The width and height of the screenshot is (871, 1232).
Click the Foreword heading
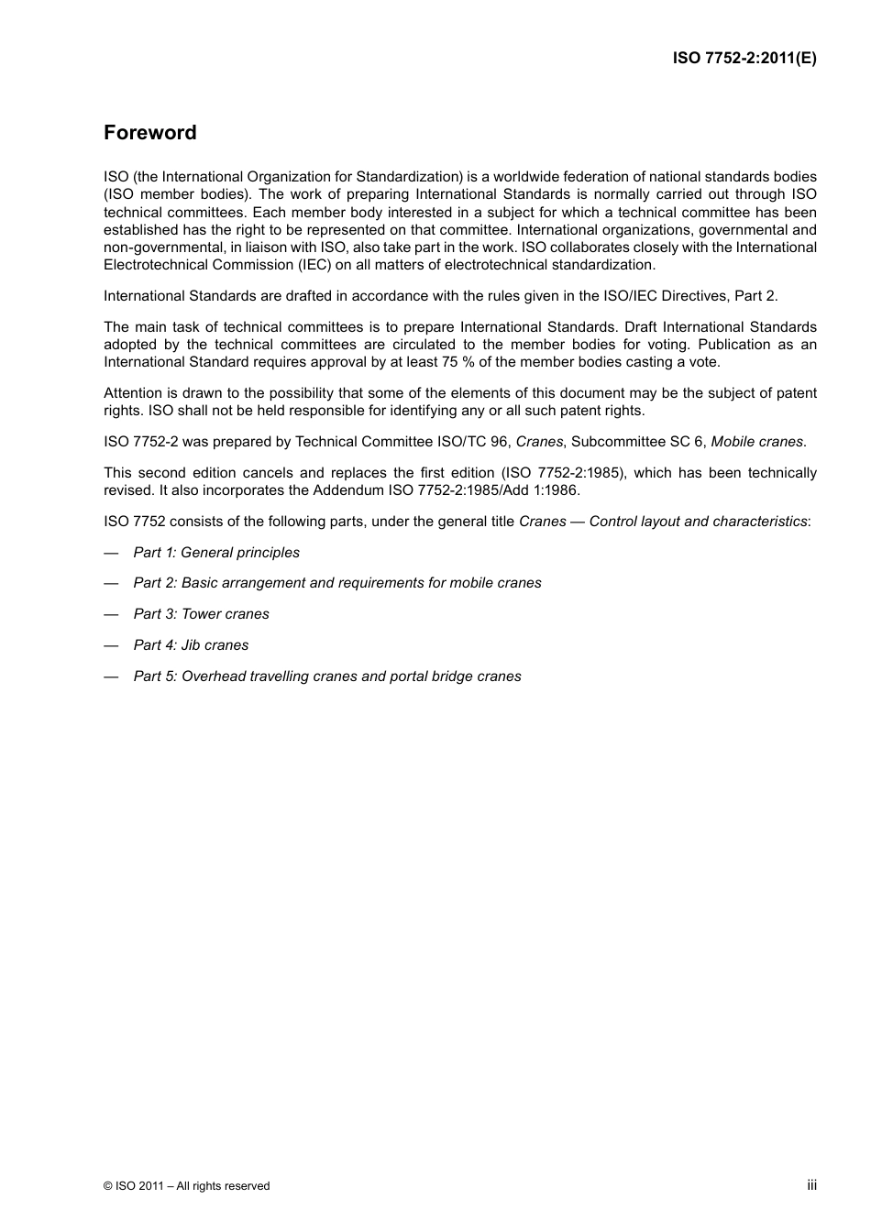pyautogui.click(x=150, y=133)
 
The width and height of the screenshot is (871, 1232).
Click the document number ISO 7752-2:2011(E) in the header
pyautogui.click(x=744, y=58)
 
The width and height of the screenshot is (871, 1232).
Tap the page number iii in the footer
pyautogui.click(x=811, y=1185)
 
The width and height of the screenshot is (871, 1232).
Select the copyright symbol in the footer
pyautogui.click(x=108, y=1186)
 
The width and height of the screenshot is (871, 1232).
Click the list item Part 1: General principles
pyautogui.click(x=216, y=553)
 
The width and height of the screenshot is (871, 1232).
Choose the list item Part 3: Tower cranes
pyautogui.click(x=202, y=614)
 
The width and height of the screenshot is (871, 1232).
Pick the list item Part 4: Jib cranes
pyautogui.click(x=191, y=645)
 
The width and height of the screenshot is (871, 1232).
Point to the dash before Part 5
pyautogui.click(x=111, y=676)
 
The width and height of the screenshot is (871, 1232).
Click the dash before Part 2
pyautogui.click(x=111, y=583)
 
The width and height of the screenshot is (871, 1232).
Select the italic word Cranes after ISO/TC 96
pyautogui.click(x=539, y=442)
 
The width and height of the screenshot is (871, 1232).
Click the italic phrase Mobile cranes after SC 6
pyautogui.click(x=757, y=442)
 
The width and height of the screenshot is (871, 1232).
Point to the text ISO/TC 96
pyautogui.click(x=474, y=442)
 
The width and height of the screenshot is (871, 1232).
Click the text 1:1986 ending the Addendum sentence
pyautogui.click(x=557, y=490)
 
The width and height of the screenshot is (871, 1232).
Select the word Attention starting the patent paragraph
pyautogui.click(x=133, y=393)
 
